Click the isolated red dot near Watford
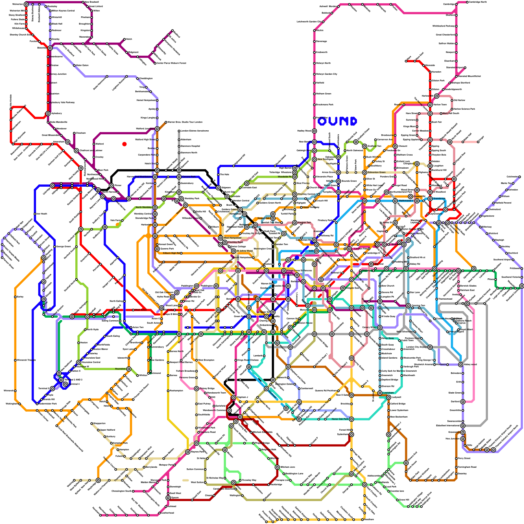pyautogui.click(x=124, y=144)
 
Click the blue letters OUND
pyautogui.click(x=337, y=122)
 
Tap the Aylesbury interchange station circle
pyautogui.click(x=48, y=114)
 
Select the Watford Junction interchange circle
pyautogui.click(x=157, y=129)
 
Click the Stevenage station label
pyautogui.click(x=321, y=42)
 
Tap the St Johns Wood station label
pyautogui.click(x=245, y=251)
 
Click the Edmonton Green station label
pyautogui.click(x=377, y=172)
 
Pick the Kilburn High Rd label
pyautogui.click(x=171, y=253)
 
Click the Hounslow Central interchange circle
pyautogui.click(x=79, y=363)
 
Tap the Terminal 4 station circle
pyautogui.click(x=65, y=384)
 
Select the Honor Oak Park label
pyautogui.click(x=340, y=419)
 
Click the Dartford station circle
pyautogui.click(x=463, y=402)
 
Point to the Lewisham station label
pyautogui.click(x=388, y=393)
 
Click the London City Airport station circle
pyautogui.click(x=430, y=347)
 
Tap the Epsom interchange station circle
pyautogui.click(x=168, y=498)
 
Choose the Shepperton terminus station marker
pyautogui.click(x=92, y=423)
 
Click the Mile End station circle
pyautogui.click(x=371, y=264)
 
